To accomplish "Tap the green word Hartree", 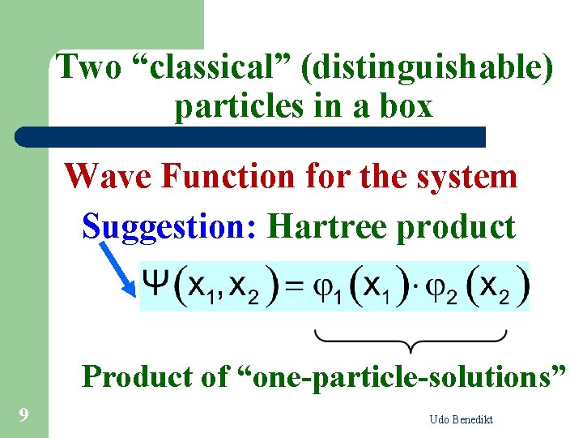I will pos(328,226).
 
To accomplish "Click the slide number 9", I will pos(24,415).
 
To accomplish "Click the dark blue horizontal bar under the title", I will pos(251,136).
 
